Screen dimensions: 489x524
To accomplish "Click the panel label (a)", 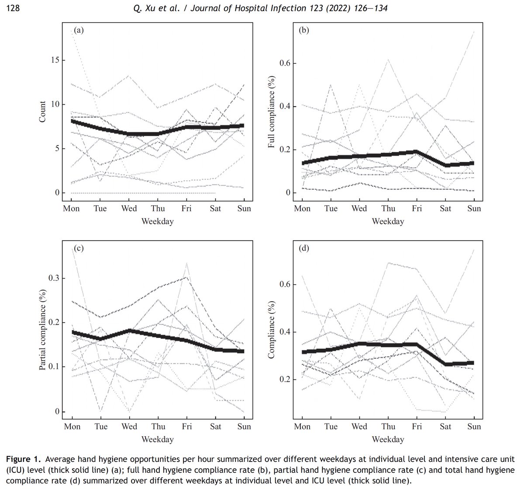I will point(79,30).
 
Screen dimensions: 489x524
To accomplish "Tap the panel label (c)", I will point(79,248).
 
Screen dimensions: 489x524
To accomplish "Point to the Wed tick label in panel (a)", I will point(129,208).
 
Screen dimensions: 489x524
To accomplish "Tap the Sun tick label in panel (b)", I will point(474,208).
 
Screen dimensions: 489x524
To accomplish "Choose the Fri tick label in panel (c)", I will point(186,426).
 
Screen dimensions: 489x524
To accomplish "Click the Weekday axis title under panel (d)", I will point(388,439).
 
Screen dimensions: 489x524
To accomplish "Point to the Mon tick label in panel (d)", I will point(302,426).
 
